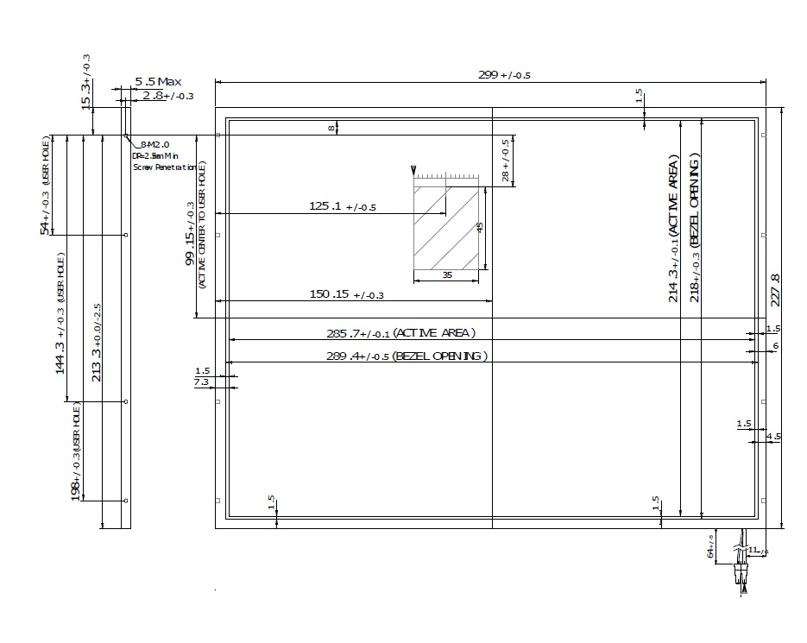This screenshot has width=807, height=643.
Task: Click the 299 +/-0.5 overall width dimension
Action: pos(504,75)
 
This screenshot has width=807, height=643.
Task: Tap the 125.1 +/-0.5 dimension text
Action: pos(342,206)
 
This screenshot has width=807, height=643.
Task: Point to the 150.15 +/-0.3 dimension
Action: pos(346,294)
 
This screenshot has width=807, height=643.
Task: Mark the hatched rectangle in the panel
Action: pos(446,228)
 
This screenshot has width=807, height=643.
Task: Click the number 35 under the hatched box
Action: pos(446,275)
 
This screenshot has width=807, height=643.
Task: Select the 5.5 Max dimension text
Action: pos(158,82)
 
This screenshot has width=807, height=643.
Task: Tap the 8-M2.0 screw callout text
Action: pos(155,144)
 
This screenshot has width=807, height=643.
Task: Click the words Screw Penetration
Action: pos(164,167)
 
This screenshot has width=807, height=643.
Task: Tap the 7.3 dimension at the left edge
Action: pos(202,381)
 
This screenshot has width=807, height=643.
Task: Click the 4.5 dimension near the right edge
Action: pos(773,437)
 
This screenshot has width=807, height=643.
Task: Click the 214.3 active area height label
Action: pos(674,229)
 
